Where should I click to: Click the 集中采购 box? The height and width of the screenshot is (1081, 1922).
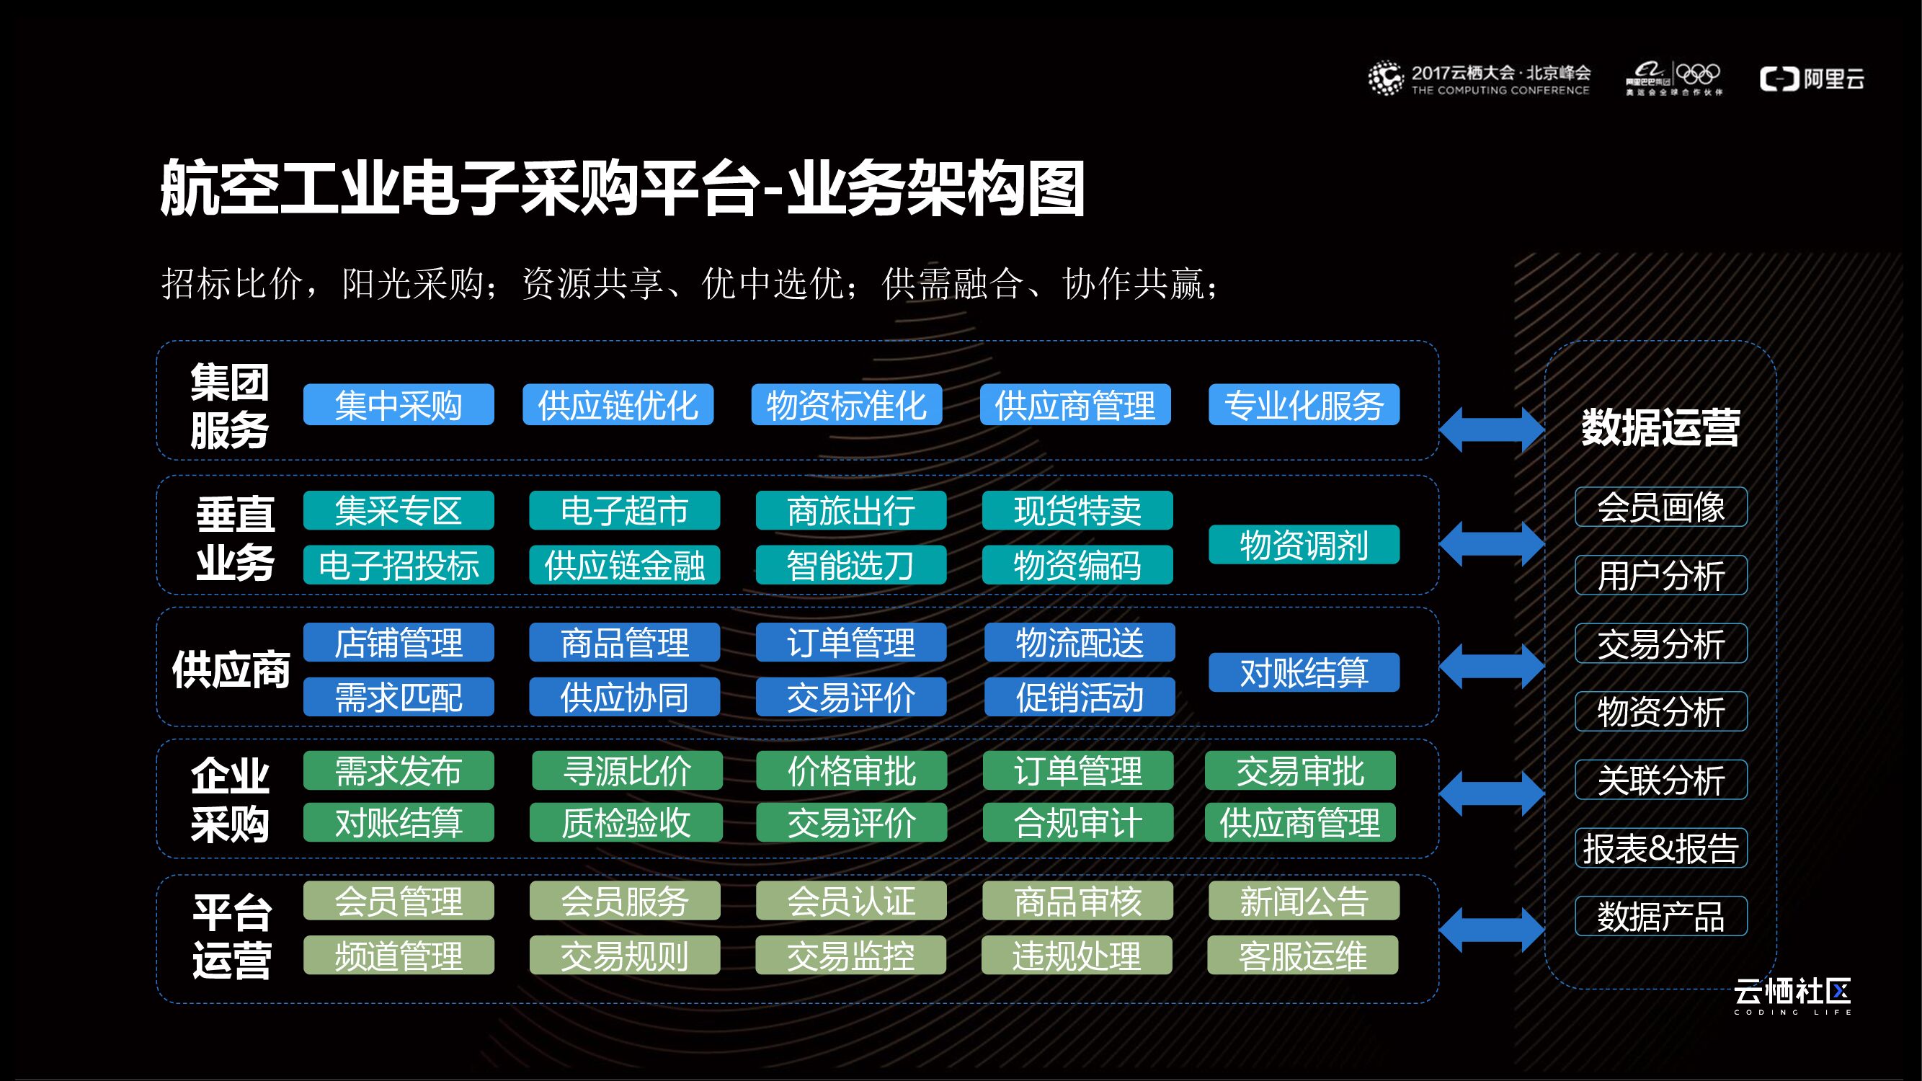(399, 405)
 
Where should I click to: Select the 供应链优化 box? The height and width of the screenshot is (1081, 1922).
(618, 405)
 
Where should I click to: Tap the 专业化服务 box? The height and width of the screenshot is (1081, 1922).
(1304, 405)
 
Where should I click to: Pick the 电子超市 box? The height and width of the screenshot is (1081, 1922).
(625, 511)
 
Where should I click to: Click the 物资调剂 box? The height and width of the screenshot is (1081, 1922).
(1304, 545)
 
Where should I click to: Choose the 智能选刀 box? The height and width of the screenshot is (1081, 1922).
(850, 566)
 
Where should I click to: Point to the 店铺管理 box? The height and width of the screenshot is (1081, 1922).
(399, 642)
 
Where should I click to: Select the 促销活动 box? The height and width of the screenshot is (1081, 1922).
(1080, 697)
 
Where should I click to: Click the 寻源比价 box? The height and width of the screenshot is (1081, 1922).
(627, 770)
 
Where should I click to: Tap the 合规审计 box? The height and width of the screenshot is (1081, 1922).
(1077, 823)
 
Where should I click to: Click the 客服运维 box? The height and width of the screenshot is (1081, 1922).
(1303, 956)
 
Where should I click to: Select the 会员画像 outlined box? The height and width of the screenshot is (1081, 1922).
(1661, 507)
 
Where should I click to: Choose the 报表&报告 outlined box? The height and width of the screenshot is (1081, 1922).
(1661, 848)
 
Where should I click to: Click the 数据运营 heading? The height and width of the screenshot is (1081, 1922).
(1661, 427)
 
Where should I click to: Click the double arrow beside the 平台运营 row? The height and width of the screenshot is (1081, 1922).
(1492, 930)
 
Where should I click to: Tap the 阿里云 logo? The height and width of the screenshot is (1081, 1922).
(1812, 79)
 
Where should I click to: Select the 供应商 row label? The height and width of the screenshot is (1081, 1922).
(231, 669)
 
